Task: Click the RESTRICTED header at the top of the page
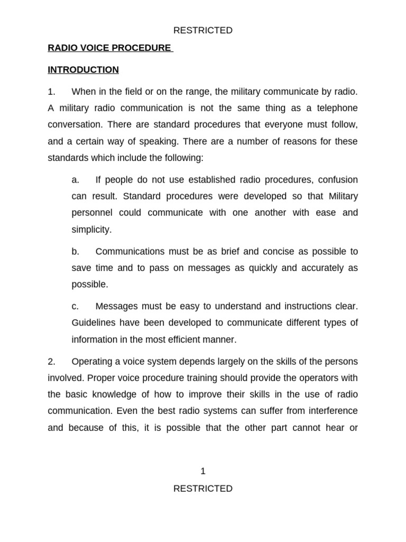click(203, 31)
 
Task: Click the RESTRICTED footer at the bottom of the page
click(203, 489)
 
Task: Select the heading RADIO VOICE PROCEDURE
click(109, 48)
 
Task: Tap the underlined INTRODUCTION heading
click(83, 70)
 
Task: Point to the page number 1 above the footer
click(203, 471)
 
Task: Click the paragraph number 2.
click(51, 362)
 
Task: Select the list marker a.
click(75, 180)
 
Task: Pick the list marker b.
click(75, 251)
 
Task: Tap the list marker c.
click(75, 306)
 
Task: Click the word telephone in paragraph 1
click(336, 109)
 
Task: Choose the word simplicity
click(91, 229)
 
